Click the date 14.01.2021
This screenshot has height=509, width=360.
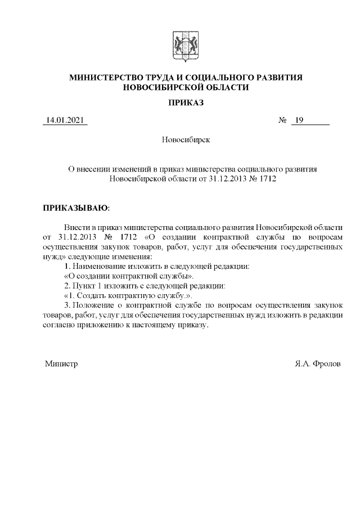65,120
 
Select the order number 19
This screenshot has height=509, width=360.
299,120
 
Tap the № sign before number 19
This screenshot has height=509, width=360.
283,120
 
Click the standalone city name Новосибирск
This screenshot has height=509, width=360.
186,139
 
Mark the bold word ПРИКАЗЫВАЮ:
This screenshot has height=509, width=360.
73,208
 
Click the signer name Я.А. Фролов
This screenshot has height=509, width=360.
317,364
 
